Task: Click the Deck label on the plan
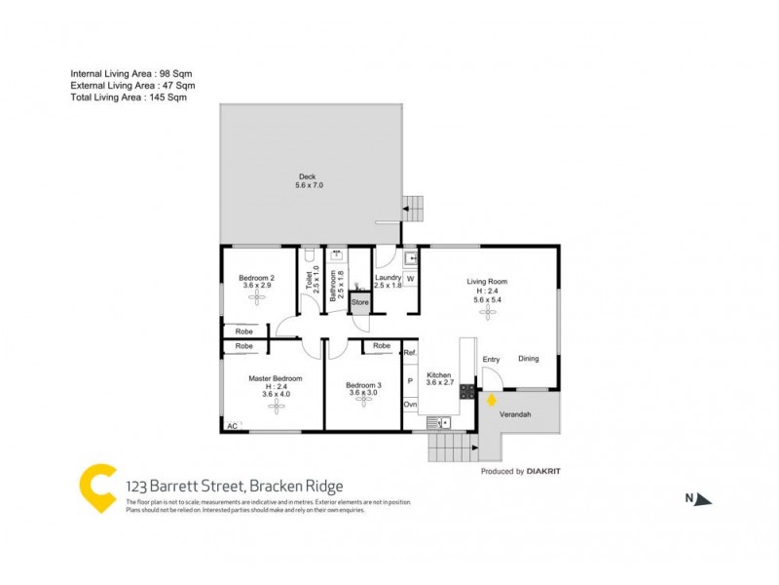pos(308,176)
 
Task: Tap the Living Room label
pos(487,282)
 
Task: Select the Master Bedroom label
pos(276,378)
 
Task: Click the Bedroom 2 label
pos(257,279)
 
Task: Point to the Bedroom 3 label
pos(364,385)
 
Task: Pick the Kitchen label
pos(440,375)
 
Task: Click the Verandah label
pos(515,413)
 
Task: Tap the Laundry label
pos(389,278)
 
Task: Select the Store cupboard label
pos(360,303)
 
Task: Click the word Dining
pos(529,359)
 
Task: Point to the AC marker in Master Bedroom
pos(232,426)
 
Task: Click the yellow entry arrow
pos(492,399)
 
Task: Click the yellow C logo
pos(97,487)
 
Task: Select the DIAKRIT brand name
pos(544,472)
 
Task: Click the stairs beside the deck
pos(416,207)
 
